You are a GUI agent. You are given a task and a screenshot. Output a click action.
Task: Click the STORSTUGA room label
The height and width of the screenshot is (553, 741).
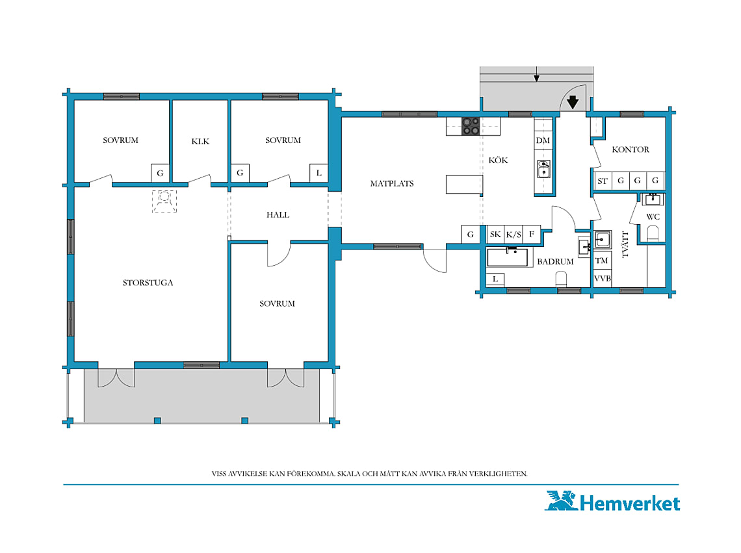click(148, 283)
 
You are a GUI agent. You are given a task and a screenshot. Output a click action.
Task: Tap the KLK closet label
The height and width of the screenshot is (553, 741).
click(200, 141)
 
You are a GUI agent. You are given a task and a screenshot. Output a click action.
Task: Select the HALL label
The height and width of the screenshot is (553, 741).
click(278, 214)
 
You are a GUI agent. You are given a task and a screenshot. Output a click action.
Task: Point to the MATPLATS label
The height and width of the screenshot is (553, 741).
click(392, 183)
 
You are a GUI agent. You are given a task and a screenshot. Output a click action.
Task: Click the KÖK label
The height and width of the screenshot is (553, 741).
click(498, 160)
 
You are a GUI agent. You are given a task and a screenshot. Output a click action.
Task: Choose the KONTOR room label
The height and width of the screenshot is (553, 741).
click(630, 149)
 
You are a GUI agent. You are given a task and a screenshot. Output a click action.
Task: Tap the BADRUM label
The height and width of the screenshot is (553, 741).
click(555, 261)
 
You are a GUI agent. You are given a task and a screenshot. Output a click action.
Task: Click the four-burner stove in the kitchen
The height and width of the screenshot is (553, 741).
click(471, 126)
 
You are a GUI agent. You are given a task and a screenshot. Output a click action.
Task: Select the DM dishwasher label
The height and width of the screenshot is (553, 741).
click(543, 140)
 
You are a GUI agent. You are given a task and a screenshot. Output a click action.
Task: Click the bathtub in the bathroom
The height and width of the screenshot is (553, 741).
click(508, 257)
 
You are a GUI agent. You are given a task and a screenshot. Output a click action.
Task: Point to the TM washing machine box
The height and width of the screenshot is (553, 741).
click(602, 261)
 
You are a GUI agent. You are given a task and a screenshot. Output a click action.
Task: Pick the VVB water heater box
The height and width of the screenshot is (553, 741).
click(602, 278)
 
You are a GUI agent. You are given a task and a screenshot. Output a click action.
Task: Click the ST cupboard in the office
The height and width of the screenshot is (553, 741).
click(603, 181)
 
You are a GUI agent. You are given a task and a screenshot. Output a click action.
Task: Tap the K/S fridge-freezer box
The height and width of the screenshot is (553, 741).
click(513, 234)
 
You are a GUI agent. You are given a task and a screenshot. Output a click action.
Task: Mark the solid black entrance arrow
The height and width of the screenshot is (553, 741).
click(573, 101)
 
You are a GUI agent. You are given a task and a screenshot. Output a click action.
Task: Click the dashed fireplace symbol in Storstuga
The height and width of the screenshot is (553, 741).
click(164, 201)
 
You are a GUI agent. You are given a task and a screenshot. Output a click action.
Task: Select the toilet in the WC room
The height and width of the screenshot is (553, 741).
click(653, 233)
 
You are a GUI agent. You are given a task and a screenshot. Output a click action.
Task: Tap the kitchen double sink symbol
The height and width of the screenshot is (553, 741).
click(543, 169)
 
